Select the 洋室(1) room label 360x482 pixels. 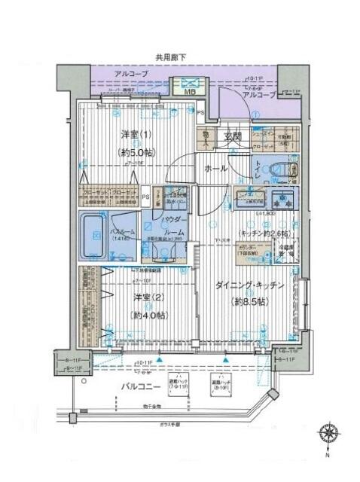136,136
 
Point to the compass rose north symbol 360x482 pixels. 329,435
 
